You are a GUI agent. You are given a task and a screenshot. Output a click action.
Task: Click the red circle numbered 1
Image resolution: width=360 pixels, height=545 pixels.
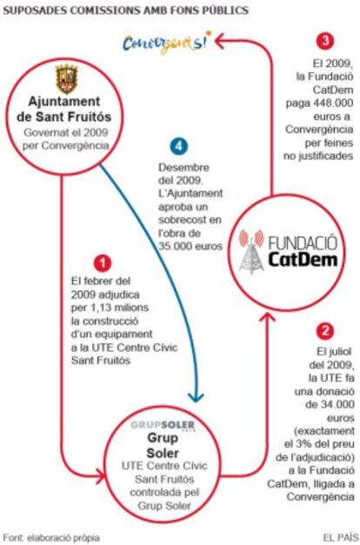[x=103, y=263]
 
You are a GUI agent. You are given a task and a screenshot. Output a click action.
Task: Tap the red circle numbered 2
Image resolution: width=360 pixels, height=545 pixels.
[x=325, y=331]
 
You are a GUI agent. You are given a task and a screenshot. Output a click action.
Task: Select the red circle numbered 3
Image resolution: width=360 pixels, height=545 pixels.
[x=325, y=41]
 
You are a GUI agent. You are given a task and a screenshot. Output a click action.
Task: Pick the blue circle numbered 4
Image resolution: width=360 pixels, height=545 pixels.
[x=179, y=146]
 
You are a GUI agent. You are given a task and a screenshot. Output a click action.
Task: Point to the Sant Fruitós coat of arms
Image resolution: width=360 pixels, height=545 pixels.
[x=67, y=79]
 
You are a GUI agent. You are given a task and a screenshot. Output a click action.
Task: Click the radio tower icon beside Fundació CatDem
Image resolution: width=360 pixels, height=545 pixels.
[x=251, y=250]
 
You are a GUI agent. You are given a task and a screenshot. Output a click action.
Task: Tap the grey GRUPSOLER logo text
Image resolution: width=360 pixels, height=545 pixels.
[x=163, y=425]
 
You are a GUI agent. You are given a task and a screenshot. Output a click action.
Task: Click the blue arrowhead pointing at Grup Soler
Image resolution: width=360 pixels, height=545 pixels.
[x=196, y=396]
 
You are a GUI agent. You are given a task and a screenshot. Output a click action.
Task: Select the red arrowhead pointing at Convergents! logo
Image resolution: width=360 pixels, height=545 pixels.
[x=221, y=41]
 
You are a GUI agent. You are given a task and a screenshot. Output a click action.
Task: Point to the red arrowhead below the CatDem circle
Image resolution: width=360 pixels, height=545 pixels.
[x=268, y=317]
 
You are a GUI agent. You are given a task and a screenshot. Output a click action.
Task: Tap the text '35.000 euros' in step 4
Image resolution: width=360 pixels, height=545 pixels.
[x=190, y=246]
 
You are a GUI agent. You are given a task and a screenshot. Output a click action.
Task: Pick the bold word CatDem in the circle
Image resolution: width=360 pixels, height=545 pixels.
[x=303, y=259]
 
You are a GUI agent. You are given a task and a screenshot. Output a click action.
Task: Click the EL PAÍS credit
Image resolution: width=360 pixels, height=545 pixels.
[x=340, y=538]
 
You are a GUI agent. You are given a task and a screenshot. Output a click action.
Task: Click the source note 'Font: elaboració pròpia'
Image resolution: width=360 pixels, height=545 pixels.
[x=51, y=538]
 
